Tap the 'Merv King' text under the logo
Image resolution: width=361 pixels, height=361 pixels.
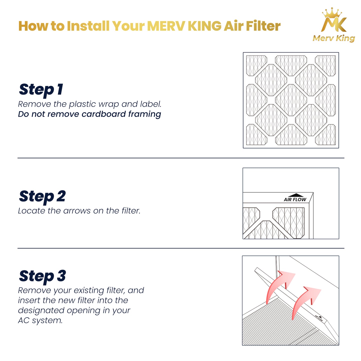tap(334, 38)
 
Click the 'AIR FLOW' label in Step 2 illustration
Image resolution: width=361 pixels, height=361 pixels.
tap(295, 200)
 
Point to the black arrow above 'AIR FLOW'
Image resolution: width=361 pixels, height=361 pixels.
tap(296, 195)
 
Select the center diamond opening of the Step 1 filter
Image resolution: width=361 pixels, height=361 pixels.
tap(291, 100)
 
